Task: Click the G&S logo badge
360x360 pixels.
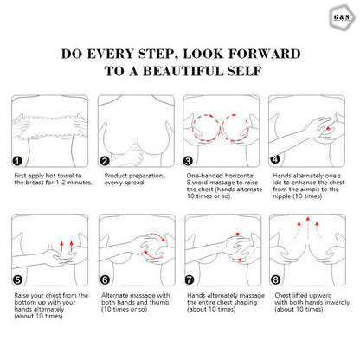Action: point(341,17)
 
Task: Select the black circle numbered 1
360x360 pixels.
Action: point(17,161)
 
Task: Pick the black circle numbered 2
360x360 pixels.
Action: point(105,161)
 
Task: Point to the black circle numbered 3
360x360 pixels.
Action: point(188,161)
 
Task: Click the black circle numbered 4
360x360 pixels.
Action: point(275,159)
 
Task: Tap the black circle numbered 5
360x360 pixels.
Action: point(17,280)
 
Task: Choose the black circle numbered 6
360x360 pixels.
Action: point(105,280)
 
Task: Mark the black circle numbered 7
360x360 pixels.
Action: point(190,280)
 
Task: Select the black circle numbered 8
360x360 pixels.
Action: point(275,280)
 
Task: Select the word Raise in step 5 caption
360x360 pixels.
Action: point(22,295)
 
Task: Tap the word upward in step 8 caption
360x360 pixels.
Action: point(320,296)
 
